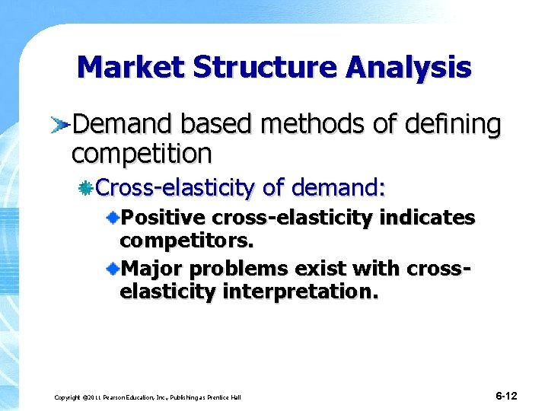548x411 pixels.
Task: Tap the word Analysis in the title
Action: pyautogui.click(x=408, y=68)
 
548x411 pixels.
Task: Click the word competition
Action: pyautogui.click(x=142, y=154)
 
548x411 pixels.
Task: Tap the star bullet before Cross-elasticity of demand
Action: pyautogui.click(x=88, y=186)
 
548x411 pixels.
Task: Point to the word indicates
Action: pyautogui.click(x=427, y=219)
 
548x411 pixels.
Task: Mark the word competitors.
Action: pyautogui.click(x=187, y=242)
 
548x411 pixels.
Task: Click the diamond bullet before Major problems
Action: pyautogui.click(x=113, y=269)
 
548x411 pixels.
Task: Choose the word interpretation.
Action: pyautogui.click(x=300, y=292)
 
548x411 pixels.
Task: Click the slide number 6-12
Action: pyautogui.click(x=506, y=396)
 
